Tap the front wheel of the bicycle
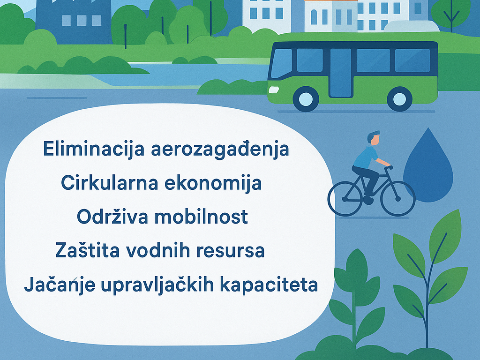397,198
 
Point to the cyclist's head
373,138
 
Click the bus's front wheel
306,99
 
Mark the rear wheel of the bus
400,99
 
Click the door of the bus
341,73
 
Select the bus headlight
274,89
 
